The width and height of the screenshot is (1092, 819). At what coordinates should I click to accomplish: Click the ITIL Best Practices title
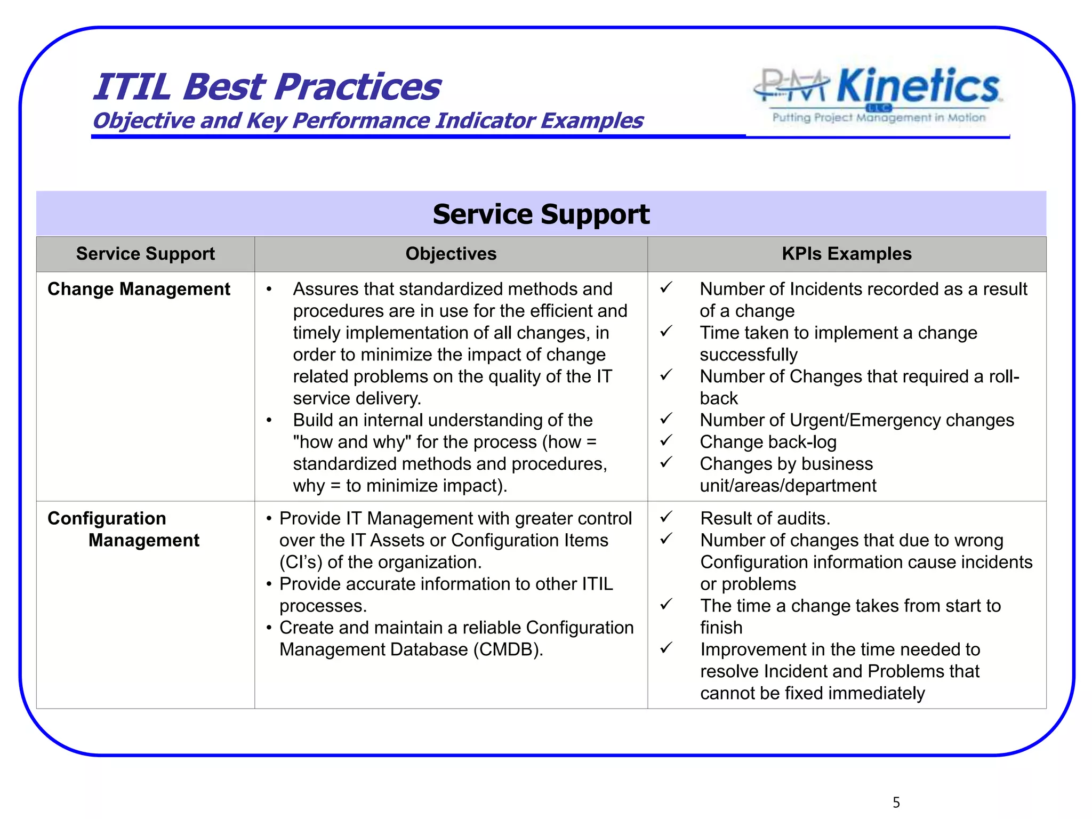tap(267, 87)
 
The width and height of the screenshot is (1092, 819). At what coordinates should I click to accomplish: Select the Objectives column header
tap(451, 254)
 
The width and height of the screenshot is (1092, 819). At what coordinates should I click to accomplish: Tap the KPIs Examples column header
tap(846, 254)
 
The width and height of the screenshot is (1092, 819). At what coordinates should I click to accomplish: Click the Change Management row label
tap(139, 289)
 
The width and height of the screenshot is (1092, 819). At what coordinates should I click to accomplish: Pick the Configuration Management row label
tap(123, 529)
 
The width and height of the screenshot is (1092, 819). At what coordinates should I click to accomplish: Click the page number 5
tap(896, 802)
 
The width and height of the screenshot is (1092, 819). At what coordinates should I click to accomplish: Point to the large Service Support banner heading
tap(541, 214)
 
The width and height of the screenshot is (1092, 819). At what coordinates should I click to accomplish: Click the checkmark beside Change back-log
tap(666, 440)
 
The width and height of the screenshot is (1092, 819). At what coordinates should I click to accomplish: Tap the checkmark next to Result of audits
tap(666, 517)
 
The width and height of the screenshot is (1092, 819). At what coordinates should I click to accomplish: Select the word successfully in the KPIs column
tap(748, 355)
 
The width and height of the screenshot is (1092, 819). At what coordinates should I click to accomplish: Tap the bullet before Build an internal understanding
tap(269, 421)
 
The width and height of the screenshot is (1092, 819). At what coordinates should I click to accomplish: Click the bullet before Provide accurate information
tap(269, 584)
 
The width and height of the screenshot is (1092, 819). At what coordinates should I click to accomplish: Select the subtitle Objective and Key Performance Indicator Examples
tap(368, 121)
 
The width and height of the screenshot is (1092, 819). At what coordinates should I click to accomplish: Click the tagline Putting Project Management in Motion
tap(879, 117)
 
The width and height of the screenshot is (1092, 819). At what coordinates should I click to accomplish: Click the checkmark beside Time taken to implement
tap(666, 331)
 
